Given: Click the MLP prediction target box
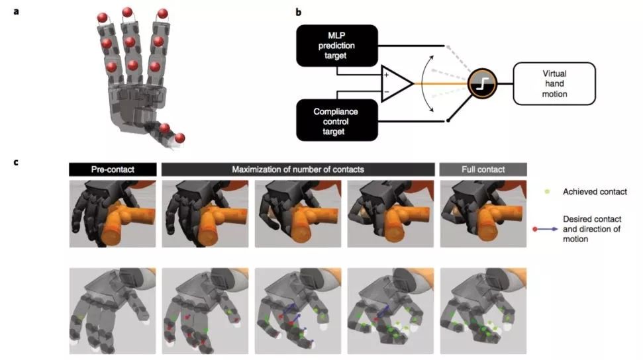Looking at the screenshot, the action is coord(337,46).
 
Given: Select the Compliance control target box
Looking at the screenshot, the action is coord(337,120).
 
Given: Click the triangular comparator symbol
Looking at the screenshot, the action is coord(396,83).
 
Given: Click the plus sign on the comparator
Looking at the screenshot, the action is coord(386,75).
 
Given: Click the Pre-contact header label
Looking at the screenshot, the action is coord(112,170).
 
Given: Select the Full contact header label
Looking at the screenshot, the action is coord(483,170).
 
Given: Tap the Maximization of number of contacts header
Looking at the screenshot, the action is coord(297,170).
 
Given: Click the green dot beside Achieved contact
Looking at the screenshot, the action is coord(546,192).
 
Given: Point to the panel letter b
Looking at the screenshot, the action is coord(299,13).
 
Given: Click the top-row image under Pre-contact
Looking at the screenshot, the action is coord(112,212).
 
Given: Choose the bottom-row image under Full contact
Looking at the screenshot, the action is coord(483,310).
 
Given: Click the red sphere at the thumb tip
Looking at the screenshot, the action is coord(180,138).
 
